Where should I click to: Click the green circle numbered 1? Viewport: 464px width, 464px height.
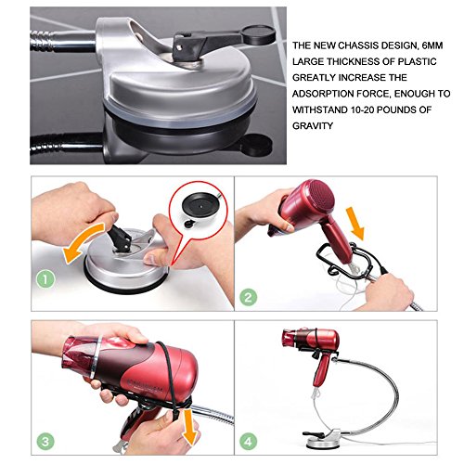[x=45, y=279]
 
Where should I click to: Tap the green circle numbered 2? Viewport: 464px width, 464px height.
[x=248, y=297]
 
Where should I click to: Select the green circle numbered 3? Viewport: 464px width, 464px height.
[x=45, y=441]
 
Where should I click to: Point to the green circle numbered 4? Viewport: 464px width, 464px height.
[x=248, y=441]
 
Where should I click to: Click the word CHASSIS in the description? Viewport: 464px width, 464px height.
[x=357, y=45]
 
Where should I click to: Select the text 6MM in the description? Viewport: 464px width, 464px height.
[x=432, y=45]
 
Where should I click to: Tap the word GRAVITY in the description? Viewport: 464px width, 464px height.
[x=313, y=126]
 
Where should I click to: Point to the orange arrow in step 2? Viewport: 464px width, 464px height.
[x=355, y=224]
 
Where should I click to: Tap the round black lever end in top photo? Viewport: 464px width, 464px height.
[x=259, y=34]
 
